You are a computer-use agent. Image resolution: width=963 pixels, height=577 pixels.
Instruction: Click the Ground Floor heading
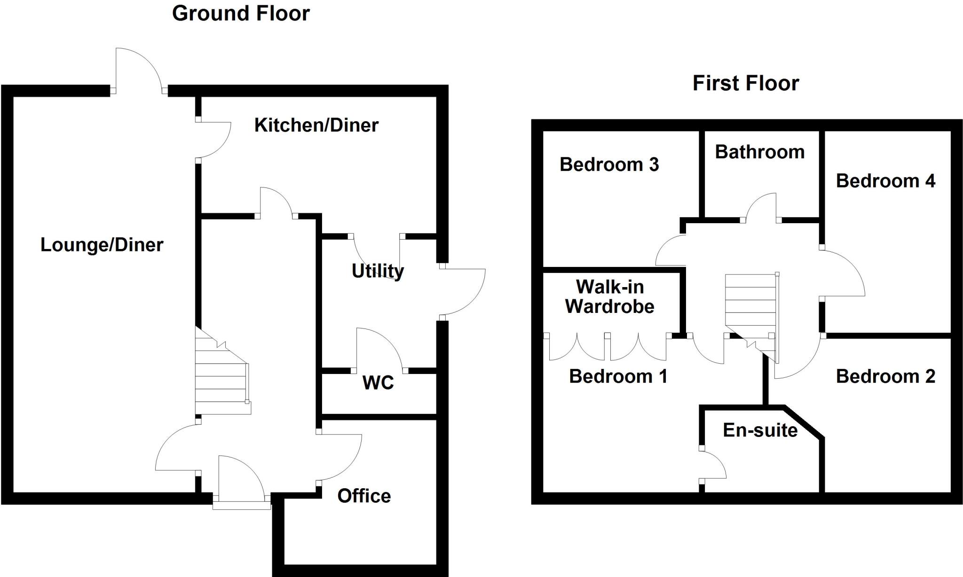pyautogui.click(x=241, y=13)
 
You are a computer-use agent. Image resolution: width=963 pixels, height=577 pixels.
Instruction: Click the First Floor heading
pyautogui.click(x=745, y=83)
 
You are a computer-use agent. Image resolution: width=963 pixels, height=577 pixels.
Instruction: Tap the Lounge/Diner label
pyautogui.click(x=102, y=245)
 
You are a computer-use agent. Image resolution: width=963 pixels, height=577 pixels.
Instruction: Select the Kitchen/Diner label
pyautogui.click(x=316, y=125)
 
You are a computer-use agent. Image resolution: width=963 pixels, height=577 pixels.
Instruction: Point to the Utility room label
pyautogui.click(x=378, y=271)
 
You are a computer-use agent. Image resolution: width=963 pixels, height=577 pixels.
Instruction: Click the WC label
pyautogui.click(x=378, y=383)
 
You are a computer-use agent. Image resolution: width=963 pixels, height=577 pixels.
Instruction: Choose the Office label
pyautogui.click(x=364, y=496)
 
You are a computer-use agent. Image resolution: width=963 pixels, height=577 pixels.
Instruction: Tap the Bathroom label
pyautogui.click(x=759, y=152)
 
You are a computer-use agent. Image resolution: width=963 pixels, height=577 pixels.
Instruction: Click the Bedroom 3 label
pyautogui.click(x=609, y=164)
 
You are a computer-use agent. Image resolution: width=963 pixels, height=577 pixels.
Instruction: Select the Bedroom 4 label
pyautogui.click(x=885, y=181)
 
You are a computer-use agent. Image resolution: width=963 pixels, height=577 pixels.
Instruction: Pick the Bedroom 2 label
pyautogui.click(x=885, y=376)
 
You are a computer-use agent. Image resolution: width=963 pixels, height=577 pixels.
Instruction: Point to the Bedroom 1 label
pyautogui.click(x=618, y=376)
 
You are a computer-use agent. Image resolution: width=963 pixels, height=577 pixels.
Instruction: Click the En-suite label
pyautogui.click(x=760, y=430)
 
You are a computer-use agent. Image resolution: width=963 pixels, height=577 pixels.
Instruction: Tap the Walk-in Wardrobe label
pyautogui.click(x=609, y=296)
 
